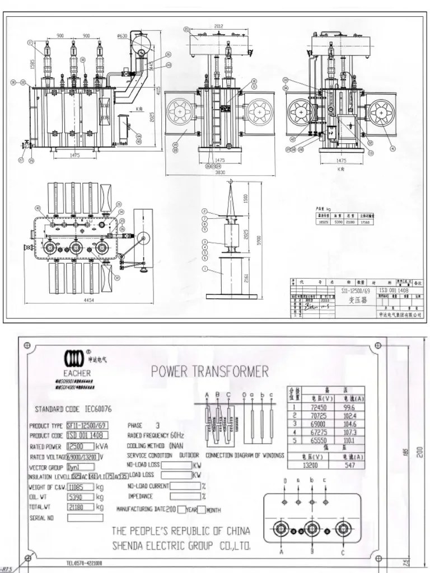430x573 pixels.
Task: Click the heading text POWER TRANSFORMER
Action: [x=210, y=371]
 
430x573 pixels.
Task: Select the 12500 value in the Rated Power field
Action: [x=76, y=447]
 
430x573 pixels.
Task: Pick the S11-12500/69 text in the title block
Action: [x=356, y=292]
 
